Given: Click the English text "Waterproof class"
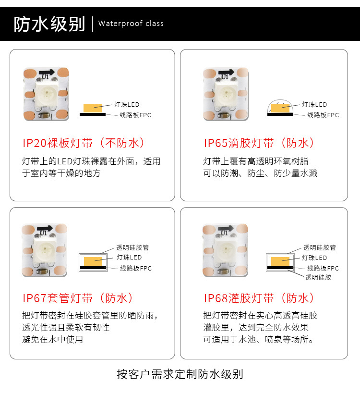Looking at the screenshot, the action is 131,24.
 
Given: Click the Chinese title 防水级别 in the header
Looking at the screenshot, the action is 49,24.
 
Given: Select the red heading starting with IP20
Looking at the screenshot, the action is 84,143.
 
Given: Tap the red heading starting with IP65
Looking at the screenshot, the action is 259,143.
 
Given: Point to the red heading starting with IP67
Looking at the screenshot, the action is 78,298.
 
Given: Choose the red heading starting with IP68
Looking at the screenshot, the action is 259,298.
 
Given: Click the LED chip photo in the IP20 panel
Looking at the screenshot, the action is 46,94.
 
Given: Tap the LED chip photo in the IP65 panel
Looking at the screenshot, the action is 226,94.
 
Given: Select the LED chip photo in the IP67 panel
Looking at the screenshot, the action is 45,250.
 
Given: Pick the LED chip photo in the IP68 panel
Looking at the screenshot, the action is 225,250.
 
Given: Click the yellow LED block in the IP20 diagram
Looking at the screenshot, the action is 93,108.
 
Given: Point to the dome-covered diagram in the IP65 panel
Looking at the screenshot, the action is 280,108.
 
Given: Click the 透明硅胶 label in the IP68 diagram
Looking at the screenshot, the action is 318,277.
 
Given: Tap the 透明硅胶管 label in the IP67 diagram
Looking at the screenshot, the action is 132,248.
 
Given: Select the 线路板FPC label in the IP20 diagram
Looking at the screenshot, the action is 135,115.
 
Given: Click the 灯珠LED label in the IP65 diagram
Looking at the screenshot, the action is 314,105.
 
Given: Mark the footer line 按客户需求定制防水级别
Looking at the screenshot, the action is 180,374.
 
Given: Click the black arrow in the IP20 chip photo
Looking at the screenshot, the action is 47,73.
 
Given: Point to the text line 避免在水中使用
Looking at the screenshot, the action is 52,340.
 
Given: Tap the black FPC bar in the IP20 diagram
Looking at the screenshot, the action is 93,114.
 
